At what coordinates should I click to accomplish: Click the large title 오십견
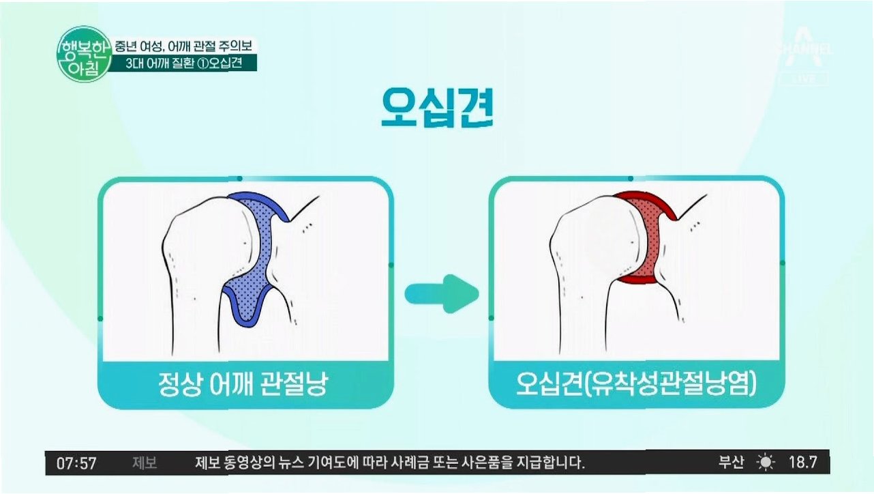click(438, 108)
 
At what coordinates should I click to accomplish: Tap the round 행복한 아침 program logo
click(85, 55)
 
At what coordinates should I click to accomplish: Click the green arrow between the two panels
click(442, 293)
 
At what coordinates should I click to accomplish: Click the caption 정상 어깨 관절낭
click(243, 384)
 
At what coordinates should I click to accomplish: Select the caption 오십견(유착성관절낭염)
click(636, 384)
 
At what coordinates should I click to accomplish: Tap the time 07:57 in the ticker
click(76, 463)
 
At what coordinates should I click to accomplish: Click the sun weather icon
click(766, 463)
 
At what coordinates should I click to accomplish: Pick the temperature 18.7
click(802, 463)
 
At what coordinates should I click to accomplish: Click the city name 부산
click(732, 463)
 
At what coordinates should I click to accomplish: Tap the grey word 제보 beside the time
click(145, 463)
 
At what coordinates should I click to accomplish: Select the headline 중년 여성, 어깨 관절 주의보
click(183, 46)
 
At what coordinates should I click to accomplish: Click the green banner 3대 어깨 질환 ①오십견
click(184, 63)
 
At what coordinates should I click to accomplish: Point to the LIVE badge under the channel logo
click(804, 79)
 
